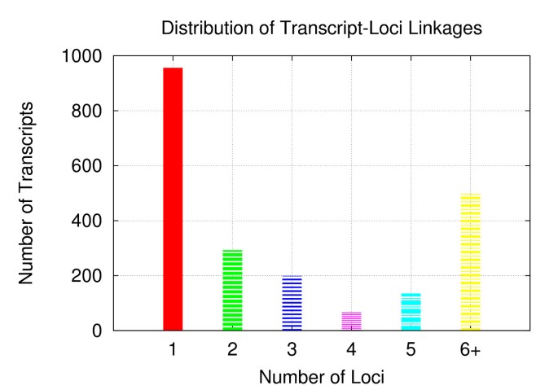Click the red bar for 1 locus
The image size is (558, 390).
pyautogui.click(x=174, y=199)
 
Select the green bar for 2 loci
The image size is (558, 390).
pyautogui.click(x=233, y=290)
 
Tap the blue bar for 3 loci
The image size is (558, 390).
pyautogui.click(x=292, y=303)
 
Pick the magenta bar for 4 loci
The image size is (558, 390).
pyautogui.click(x=351, y=321)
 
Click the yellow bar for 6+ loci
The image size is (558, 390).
pyautogui.click(x=471, y=262)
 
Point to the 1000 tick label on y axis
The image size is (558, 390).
pyautogui.click(x=81, y=56)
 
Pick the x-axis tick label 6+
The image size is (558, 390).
pyautogui.click(x=471, y=350)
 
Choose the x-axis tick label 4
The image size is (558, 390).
pyautogui.click(x=351, y=350)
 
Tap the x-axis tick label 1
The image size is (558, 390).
pyautogui.click(x=174, y=350)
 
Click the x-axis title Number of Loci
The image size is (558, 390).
pyautogui.click(x=322, y=377)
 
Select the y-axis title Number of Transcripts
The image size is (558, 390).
pyautogui.click(x=26, y=193)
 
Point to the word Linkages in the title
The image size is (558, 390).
pyautogui.click(x=446, y=28)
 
